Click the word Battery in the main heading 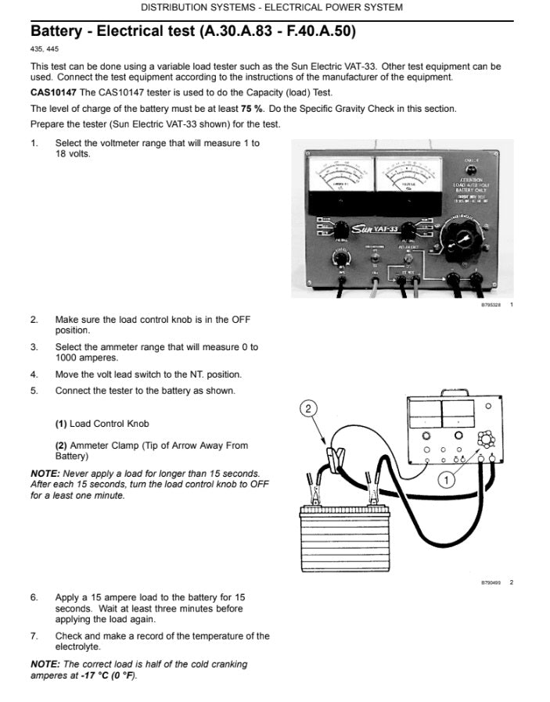point(56,32)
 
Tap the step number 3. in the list point(34,347)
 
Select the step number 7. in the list point(34,636)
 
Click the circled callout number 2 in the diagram point(310,407)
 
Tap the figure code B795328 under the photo point(491,305)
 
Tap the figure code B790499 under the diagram point(491,582)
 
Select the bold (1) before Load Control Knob point(61,424)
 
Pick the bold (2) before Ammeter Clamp point(61,446)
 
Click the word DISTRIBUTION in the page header point(174,7)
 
